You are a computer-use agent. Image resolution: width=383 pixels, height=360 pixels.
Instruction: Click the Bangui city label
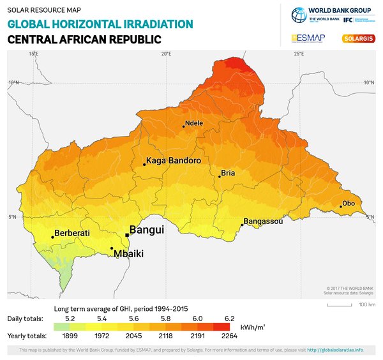pyautogui.click(x=147, y=230)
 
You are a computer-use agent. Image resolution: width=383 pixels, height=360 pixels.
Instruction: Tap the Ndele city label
pyautogui.click(x=194, y=123)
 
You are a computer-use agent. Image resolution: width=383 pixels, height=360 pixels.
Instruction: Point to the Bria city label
pyautogui.click(x=228, y=173)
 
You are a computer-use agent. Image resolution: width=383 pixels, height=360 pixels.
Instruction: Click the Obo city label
pyautogui.click(x=349, y=204)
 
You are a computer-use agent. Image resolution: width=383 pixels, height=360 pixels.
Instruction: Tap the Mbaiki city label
pyautogui.click(x=128, y=254)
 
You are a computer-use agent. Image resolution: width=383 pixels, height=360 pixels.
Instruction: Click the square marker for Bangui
pyautogui.click(x=127, y=235)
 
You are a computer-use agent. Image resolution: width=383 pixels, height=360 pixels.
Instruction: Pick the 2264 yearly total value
pyautogui.click(x=229, y=335)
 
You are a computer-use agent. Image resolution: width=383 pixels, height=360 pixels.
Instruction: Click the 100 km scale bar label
pyautogui.click(x=367, y=304)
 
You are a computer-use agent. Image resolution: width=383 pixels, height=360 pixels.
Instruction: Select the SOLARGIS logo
pyautogui.click(x=359, y=38)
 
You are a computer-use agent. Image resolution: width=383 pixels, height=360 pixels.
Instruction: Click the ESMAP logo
pyautogui.click(x=308, y=38)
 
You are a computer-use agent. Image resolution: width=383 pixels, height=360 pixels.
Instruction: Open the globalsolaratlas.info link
pyautogui.click(x=335, y=350)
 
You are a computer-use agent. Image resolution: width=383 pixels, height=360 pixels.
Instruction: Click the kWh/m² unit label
pyautogui.click(x=253, y=326)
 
